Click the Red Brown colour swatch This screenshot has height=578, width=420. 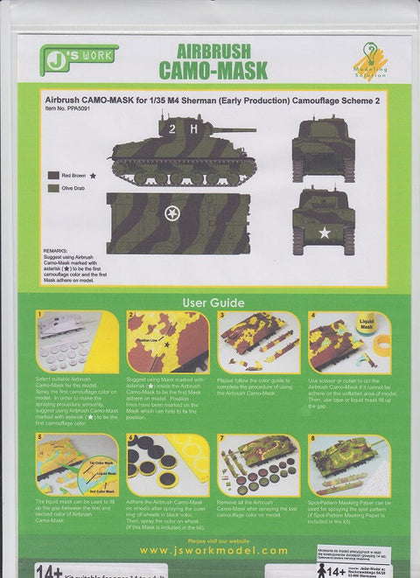(53, 175)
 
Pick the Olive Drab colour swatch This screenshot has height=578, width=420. (53, 187)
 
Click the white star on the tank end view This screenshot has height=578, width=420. (325, 232)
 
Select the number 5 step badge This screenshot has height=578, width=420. (39, 438)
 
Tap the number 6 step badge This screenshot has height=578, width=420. (131, 438)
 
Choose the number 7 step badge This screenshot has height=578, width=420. (222, 438)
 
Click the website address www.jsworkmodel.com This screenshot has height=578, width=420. (210, 550)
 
